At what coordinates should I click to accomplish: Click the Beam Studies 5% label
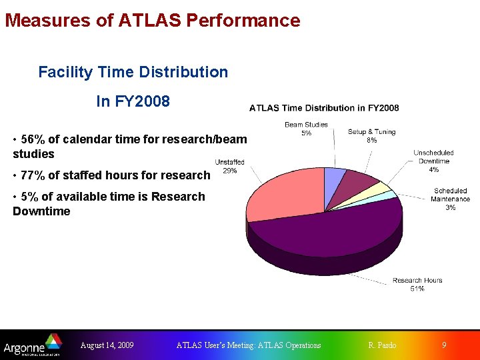click(x=306, y=129)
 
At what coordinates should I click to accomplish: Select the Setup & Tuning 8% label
click(x=371, y=136)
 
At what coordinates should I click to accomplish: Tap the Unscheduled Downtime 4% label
click(x=433, y=161)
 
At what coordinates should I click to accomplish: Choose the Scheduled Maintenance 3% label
click(x=450, y=199)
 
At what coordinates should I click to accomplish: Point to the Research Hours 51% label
click(x=417, y=285)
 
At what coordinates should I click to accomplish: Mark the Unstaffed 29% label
click(x=229, y=167)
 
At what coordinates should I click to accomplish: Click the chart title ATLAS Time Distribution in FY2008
click(x=324, y=108)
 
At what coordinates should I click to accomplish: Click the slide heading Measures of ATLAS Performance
click(x=153, y=21)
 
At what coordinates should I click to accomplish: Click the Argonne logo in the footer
click(x=33, y=346)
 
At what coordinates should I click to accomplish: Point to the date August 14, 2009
click(x=107, y=345)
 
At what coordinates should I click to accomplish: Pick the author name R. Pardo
click(x=382, y=345)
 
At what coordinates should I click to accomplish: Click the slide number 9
click(x=445, y=345)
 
